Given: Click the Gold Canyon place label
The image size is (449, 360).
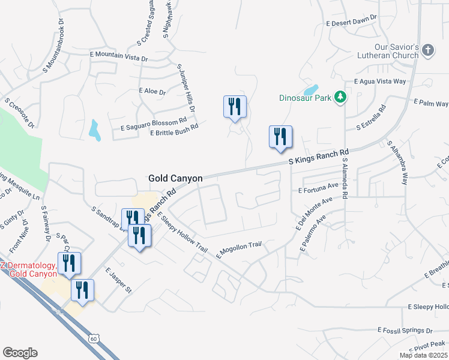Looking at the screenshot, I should point(176,178).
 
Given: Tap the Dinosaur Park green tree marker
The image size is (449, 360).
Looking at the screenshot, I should point(340,97).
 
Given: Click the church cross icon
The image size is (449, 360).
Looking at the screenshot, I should point(428,50).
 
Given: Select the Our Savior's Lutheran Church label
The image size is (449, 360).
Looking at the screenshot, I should point(396,51).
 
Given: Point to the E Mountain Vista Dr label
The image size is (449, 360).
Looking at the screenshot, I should point(119,56).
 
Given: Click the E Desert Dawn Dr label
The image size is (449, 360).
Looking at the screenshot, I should point(351,22).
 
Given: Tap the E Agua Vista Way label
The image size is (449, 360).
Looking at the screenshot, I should point(380,81).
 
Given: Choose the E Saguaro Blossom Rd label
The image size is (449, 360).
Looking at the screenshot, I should point(154,124).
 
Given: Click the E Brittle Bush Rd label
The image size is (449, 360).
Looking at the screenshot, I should point(174,133).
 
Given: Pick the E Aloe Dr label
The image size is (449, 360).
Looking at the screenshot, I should point(151,91).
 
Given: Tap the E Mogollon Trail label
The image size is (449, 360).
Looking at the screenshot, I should point(240,248).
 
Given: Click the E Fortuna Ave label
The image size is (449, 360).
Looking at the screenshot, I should point(319,190).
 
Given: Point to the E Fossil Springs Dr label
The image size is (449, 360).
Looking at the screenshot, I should point(405,330).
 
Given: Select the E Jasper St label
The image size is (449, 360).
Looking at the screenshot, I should point(118,281).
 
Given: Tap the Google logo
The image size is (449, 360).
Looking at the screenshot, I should point(20,353).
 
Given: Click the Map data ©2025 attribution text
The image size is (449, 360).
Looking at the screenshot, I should point(424,355).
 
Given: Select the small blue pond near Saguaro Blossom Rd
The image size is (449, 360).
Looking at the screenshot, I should point(94,130).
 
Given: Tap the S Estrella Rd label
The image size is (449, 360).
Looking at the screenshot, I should point(371,120).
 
